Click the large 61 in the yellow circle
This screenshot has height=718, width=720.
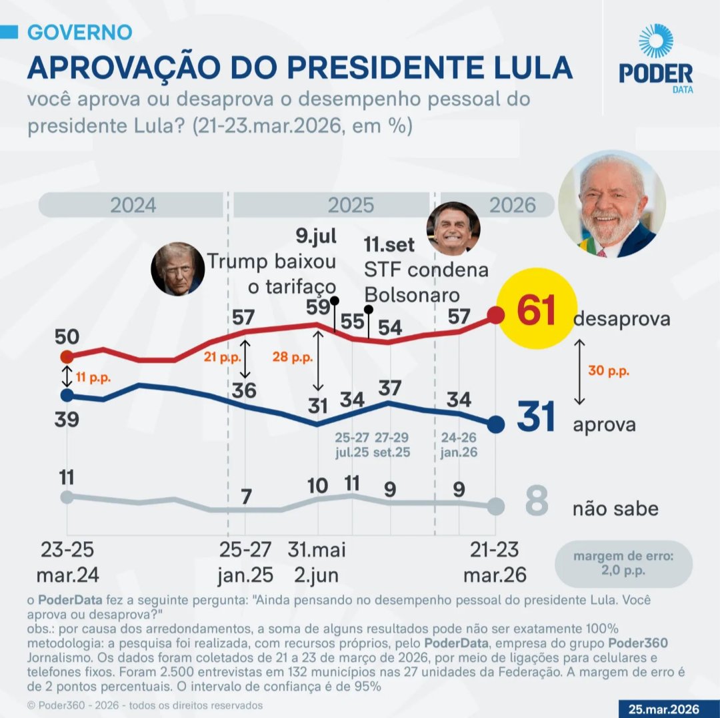[x=537, y=312]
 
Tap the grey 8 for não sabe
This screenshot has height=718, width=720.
[x=536, y=503]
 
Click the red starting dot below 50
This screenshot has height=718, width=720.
[x=67, y=356]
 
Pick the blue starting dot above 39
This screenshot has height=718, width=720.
[x=67, y=394]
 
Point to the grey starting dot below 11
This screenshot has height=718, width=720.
[x=67, y=496]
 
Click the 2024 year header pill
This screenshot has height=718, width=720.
[x=132, y=205]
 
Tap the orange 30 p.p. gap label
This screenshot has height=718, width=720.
[x=609, y=371]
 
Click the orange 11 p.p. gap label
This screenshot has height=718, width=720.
[x=92, y=377]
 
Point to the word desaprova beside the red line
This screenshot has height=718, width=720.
[x=621, y=319]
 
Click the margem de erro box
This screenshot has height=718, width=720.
[x=623, y=564]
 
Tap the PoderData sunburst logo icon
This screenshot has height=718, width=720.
[x=655, y=41]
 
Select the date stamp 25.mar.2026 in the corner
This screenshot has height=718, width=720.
[x=667, y=708]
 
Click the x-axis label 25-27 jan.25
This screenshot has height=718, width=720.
[x=245, y=562]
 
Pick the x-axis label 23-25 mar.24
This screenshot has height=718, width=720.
[x=67, y=562]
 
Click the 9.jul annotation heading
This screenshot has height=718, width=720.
[x=316, y=236]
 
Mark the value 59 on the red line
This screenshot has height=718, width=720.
[x=318, y=307]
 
